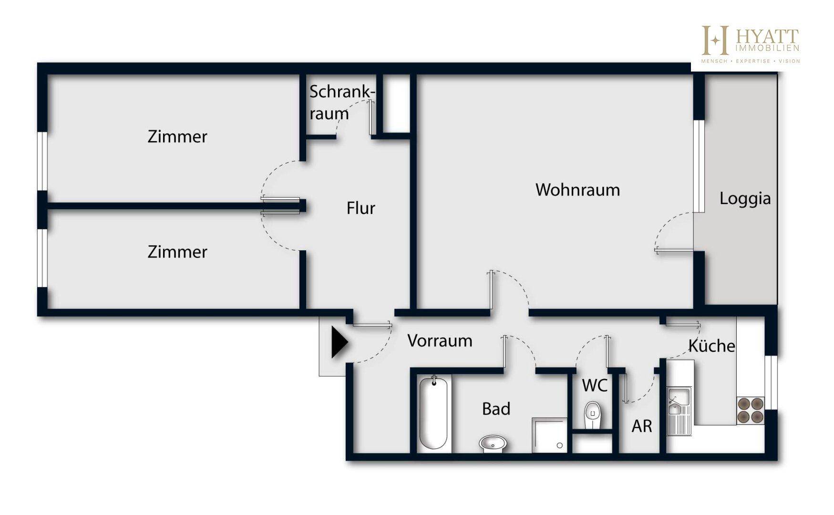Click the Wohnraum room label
click(577, 190)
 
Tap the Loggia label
click(745, 198)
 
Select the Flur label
click(360, 208)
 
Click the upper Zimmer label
click(177, 137)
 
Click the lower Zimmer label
click(177, 252)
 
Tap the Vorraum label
click(440, 340)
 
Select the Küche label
click(711, 346)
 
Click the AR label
click(641, 426)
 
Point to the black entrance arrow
click(339, 342)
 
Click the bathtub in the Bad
click(433, 412)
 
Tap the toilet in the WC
click(593, 414)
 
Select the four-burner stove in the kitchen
click(751, 411)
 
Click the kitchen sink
click(678, 402)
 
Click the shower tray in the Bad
click(549, 435)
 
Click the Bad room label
click(496, 409)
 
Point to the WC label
click(595, 385)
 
